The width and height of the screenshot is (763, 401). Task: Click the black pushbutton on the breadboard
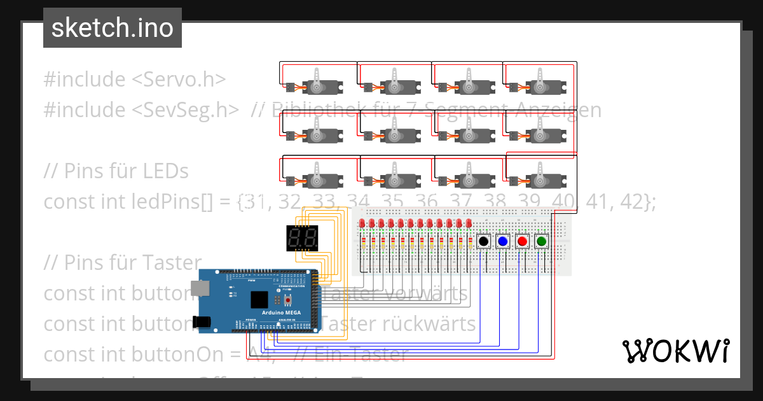[x=483, y=242]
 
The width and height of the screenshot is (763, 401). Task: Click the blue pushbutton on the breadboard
[x=503, y=242]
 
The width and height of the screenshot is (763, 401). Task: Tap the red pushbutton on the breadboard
[x=522, y=242]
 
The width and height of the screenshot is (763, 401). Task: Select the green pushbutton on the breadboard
[x=542, y=242]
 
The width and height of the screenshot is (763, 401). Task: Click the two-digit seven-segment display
[x=303, y=239]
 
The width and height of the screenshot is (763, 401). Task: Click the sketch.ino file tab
[x=113, y=28]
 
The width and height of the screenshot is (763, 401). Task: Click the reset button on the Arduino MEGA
[x=288, y=300]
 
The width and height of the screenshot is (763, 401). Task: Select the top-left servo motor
[x=317, y=82]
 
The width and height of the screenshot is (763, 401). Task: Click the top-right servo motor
[x=540, y=82]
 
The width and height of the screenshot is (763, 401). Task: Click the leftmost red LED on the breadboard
[x=362, y=223]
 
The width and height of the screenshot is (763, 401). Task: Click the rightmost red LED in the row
[x=469, y=223]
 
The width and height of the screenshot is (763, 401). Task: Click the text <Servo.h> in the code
[x=179, y=80]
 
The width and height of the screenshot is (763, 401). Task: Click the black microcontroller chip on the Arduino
[x=259, y=300]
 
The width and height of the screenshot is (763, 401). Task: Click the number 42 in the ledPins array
[x=636, y=202]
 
